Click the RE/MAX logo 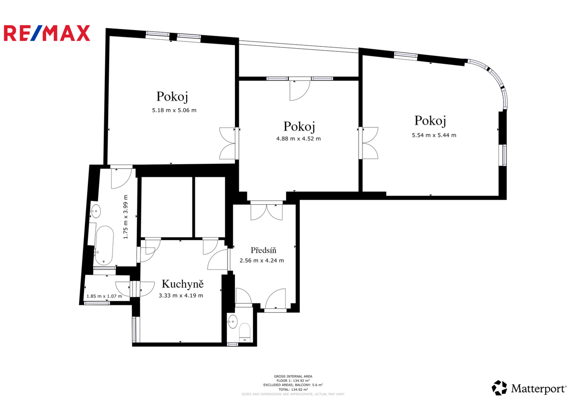[x=47, y=33]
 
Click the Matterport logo [x=529, y=388]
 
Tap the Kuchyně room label [x=183, y=284]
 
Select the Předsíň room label [x=263, y=250]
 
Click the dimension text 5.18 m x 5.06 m [x=174, y=110]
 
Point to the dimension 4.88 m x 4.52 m [x=298, y=138]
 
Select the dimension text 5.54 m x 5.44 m [x=434, y=135]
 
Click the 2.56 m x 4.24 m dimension [x=262, y=261]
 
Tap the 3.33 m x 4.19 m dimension [x=181, y=296]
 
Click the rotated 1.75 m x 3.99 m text [x=126, y=217]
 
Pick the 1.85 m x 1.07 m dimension [x=104, y=296]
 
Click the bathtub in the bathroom [x=104, y=245]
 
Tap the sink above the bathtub [x=96, y=211]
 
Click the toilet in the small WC [x=245, y=332]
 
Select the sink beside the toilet [x=232, y=322]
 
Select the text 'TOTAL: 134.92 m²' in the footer [x=293, y=389]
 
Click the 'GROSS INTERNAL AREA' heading [x=293, y=376]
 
